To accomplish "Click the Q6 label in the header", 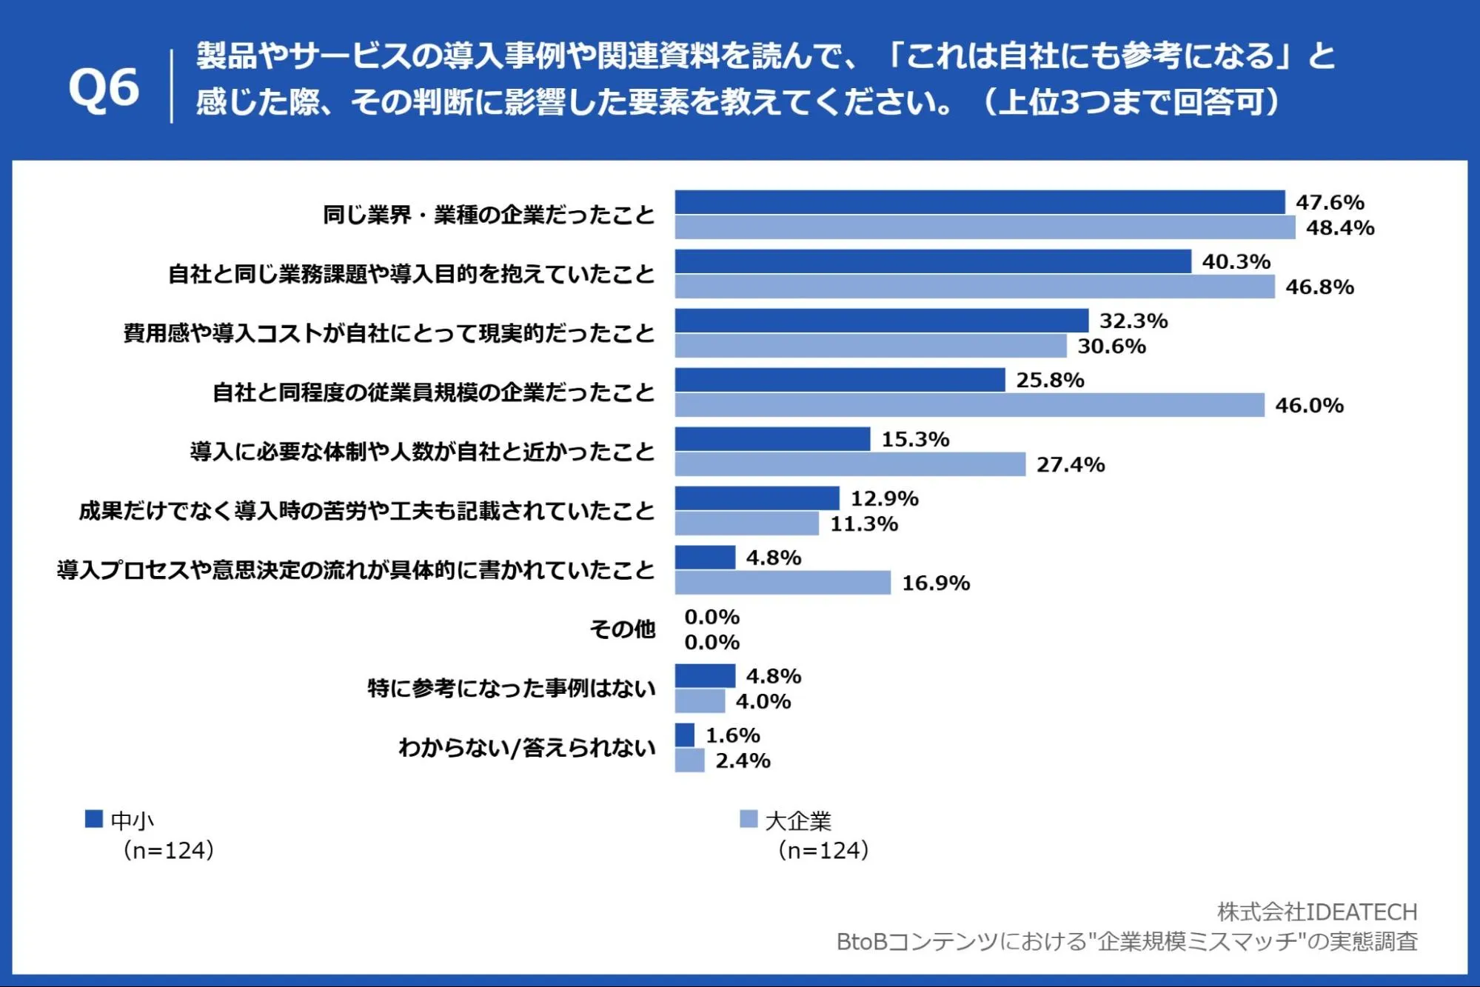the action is (x=104, y=88).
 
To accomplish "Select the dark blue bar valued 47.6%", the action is (x=980, y=202).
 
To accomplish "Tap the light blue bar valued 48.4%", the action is (x=985, y=227).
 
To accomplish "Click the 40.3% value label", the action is (x=1236, y=261).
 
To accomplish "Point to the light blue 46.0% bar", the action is (x=969, y=405).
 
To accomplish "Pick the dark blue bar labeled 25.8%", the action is (x=840, y=380).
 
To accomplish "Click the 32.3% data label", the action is (x=1134, y=321).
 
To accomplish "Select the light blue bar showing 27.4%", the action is (x=850, y=464).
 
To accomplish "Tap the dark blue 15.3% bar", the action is (x=772, y=439).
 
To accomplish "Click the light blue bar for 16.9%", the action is (x=783, y=583).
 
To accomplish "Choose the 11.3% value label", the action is (x=864, y=523).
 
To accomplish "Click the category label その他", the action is (x=623, y=629).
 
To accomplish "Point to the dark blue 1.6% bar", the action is (x=685, y=735).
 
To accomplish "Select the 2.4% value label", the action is (x=743, y=760).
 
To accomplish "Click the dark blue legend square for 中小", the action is (x=94, y=818).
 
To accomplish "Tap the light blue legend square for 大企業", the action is (x=749, y=818).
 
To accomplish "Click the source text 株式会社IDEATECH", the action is (x=1317, y=911).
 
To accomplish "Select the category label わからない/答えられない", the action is (x=527, y=748).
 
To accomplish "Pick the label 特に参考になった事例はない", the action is (x=512, y=689).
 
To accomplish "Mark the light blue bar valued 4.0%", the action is (x=700, y=701).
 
